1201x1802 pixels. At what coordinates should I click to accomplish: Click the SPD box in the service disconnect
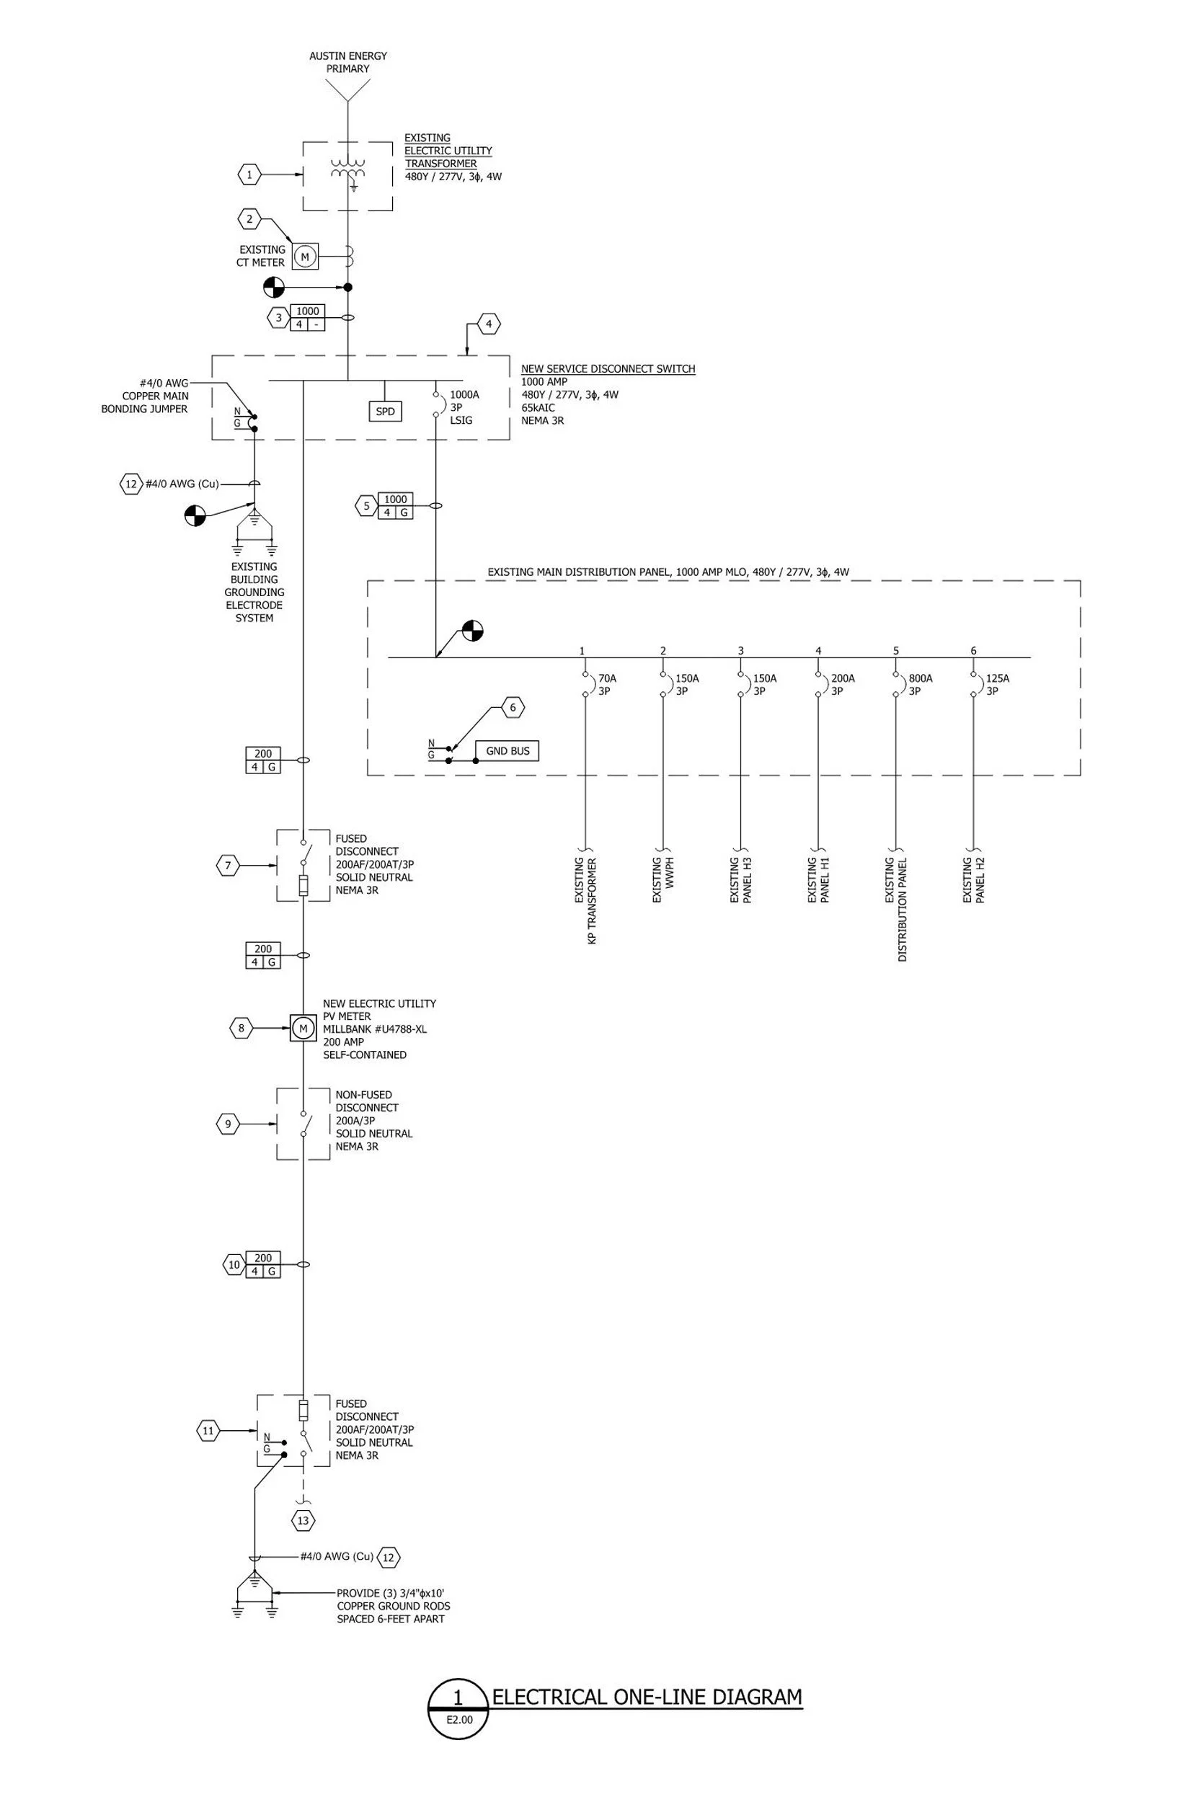(385, 412)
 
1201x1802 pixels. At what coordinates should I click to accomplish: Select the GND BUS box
(507, 750)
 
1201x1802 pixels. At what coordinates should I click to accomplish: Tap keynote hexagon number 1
(249, 174)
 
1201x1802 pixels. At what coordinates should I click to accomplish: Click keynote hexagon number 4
(489, 324)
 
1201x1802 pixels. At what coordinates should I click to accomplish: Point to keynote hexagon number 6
(513, 708)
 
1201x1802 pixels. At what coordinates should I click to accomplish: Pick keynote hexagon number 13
(303, 1520)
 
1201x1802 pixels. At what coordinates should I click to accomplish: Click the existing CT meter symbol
(305, 257)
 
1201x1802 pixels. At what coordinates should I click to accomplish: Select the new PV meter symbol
(303, 1028)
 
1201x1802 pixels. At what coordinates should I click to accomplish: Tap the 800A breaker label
(920, 685)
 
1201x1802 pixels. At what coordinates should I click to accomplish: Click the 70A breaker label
(607, 685)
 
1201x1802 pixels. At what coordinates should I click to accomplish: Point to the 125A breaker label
(997, 685)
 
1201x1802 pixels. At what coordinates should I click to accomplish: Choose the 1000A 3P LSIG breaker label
(464, 407)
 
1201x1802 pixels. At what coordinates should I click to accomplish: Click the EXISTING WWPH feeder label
(662, 880)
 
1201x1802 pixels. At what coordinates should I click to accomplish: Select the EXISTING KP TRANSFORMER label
(586, 900)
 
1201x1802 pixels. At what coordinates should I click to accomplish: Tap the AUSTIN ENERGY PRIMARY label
(347, 62)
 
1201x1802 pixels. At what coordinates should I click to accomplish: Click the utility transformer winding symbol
(347, 169)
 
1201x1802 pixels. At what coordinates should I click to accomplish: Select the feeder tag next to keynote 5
(395, 505)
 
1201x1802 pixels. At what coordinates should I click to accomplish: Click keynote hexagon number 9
(228, 1124)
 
